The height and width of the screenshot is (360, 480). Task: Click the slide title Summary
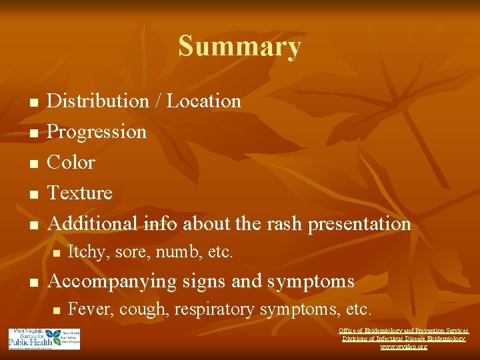239,47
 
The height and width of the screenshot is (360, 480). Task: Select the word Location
204,101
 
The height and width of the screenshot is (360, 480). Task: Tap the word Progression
97,132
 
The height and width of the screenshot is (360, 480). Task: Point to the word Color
71,163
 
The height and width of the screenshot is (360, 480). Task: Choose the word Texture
80,193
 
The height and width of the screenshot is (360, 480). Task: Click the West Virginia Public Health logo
44,339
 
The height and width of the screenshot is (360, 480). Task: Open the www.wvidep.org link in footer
403,347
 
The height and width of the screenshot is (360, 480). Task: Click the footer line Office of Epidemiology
403,331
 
